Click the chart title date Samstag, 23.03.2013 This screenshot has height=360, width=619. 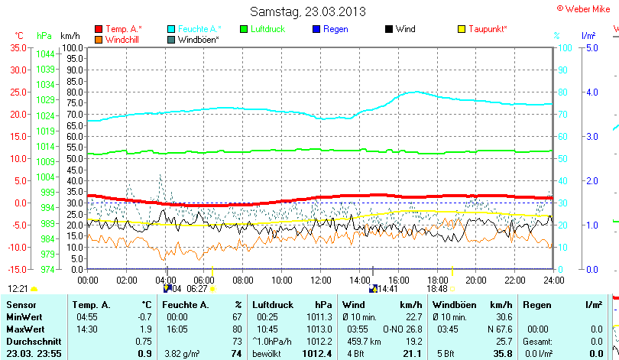[308, 11]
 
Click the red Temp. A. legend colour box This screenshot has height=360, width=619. [99, 29]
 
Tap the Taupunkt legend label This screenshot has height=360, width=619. [488, 29]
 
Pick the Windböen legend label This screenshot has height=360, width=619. [198, 39]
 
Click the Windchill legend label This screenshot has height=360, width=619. [122, 39]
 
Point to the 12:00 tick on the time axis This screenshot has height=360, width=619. [321, 280]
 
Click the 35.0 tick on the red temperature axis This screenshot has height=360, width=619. [18, 47]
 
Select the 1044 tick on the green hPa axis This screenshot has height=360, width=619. [44, 54]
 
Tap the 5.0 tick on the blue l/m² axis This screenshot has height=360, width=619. [591, 47]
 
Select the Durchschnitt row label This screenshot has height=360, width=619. [30, 341]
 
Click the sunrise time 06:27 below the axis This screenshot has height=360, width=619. [197, 289]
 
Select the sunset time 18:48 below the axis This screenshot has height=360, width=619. [437, 289]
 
